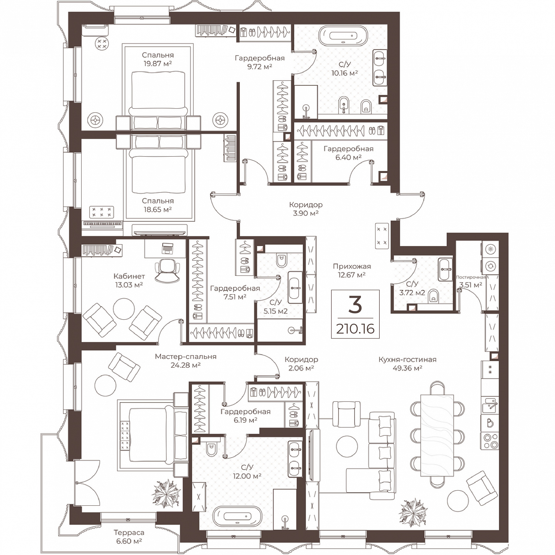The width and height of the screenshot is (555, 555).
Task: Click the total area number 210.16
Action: tap(355, 329)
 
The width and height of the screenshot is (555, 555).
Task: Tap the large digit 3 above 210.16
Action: tap(355, 305)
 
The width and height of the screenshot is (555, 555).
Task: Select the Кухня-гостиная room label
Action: tap(407, 359)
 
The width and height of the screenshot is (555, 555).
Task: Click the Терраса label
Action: tap(129, 533)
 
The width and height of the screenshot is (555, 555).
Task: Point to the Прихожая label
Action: tap(352, 266)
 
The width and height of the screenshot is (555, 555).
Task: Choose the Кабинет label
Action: tap(129, 276)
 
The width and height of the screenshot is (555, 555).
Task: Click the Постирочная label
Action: tap(471, 277)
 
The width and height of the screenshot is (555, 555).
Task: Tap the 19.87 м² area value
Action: tap(158, 63)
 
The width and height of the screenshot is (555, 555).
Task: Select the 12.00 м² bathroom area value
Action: tap(247, 476)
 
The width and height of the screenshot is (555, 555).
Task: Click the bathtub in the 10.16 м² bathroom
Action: tap(343, 36)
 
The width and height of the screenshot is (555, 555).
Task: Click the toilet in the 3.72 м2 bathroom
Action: tap(434, 297)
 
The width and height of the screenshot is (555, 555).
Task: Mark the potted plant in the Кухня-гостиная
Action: tap(413, 512)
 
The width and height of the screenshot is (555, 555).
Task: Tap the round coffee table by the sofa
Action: tap(347, 446)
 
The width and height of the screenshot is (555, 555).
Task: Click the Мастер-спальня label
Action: tap(186, 356)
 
